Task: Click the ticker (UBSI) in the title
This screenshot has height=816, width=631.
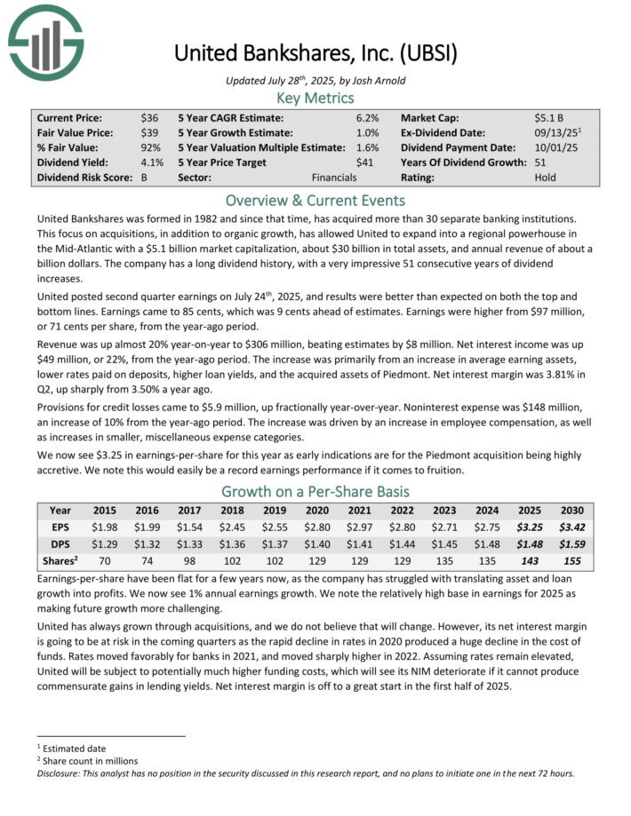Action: click(x=427, y=52)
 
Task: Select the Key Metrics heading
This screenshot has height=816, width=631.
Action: click(x=315, y=98)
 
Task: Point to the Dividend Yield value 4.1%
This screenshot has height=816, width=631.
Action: click(x=151, y=162)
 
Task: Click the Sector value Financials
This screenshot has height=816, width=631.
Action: click(x=334, y=178)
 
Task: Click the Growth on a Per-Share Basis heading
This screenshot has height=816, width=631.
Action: click(x=315, y=490)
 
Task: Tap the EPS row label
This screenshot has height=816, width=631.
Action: click(x=61, y=527)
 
